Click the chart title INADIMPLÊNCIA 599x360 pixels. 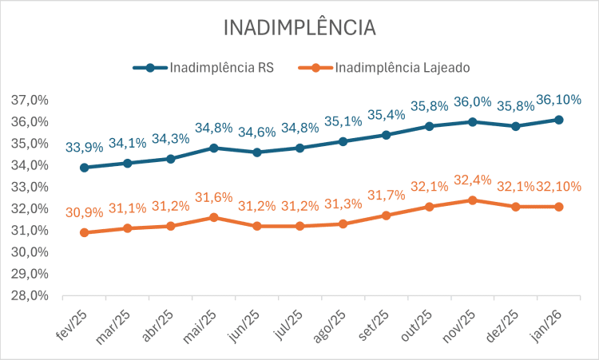coord(299,27)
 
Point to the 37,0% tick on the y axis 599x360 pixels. coord(30,101)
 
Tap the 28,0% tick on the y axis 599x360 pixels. coord(30,295)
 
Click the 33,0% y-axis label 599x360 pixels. coord(30,187)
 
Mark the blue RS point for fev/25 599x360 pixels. coord(84,168)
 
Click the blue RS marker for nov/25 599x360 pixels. coord(473,122)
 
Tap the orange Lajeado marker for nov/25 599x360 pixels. coord(473,200)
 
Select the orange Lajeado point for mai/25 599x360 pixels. coord(213,217)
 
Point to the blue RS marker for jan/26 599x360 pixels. coord(559,120)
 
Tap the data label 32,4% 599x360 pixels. coord(473,181)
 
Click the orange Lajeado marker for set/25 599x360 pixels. coord(387,216)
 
